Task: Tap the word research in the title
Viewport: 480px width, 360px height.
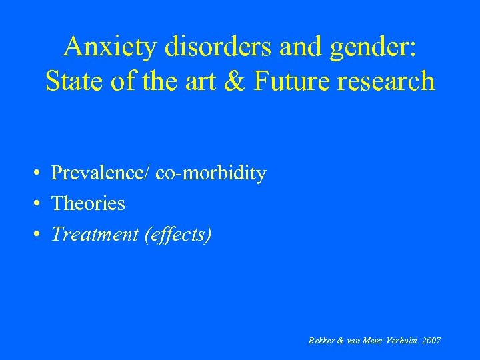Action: point(388,81)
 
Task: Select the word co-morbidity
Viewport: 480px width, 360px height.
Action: point(211,174)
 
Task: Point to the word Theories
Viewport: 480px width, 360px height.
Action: point(88,203)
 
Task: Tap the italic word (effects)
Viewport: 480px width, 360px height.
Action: point(177,235)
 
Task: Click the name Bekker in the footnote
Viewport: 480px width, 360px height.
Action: point(322,341)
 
